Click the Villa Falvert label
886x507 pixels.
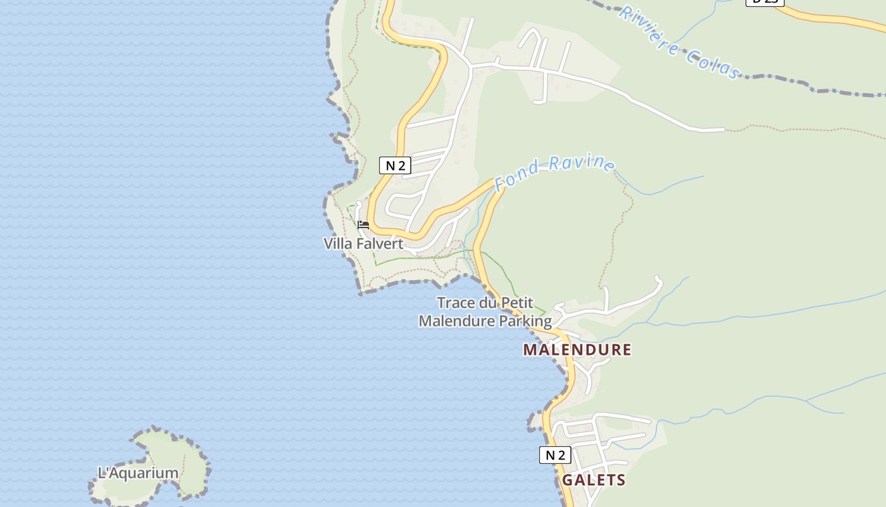tap(363, 244)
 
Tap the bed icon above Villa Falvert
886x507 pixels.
tap(363, 225)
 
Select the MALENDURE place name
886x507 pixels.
tap(577, 350)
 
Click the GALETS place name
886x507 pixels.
tap(594, 480)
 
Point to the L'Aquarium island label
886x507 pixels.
tap(138, 473)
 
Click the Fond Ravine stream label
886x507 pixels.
tap(554, 170)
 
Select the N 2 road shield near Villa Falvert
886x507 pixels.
tap(396, 166)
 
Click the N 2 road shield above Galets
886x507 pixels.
tap(555, 455)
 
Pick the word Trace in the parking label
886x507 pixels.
tap(456, 302)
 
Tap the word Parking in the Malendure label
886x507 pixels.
tap(525, 321)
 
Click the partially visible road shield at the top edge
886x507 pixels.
tap(764, 2)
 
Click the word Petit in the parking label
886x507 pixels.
tap(518, 302)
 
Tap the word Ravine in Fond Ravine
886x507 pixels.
tap(583, 163)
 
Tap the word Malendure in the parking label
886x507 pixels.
tap(457, 321)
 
